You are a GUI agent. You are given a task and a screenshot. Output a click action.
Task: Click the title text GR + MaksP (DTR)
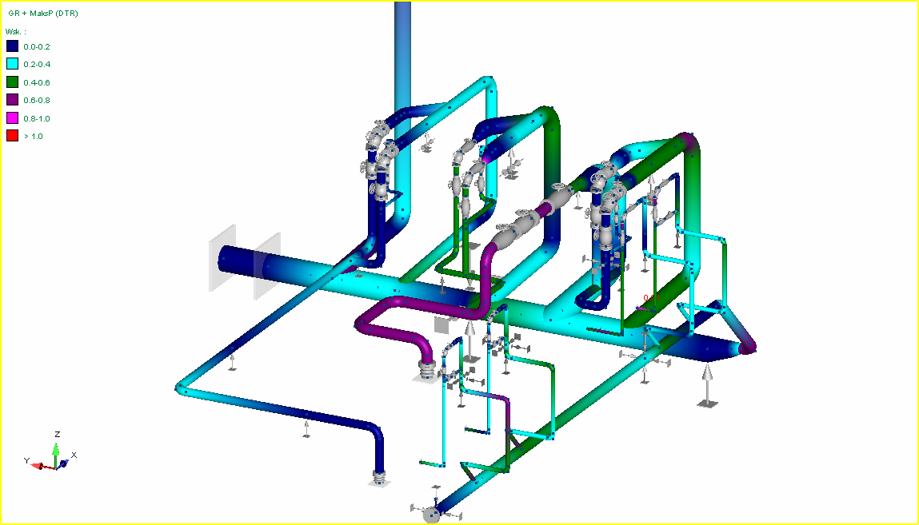pyautogui.click(x=42, y=14)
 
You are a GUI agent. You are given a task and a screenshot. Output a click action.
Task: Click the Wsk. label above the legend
pyautogui.click(x=16, y=32)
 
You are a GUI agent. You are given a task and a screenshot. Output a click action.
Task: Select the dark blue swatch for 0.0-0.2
pyautogui.click(x=12, y=46)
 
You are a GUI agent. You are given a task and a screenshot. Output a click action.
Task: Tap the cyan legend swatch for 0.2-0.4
pyautogui.click(x=12, y=64)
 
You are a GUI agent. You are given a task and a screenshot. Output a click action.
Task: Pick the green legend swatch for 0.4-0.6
pyautogui.click(x=12, y=82)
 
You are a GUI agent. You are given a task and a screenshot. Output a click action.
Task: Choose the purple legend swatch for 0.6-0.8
pyautogui.click(x=12, y=100)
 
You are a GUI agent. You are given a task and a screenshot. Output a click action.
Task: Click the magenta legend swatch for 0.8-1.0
pyautogui.click(x=12, y=118)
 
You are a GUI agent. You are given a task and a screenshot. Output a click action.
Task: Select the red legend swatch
pyautogui.click(x=12, y=136)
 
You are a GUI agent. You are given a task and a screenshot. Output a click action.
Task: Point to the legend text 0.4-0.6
pyautogui.click(x=37, y=82)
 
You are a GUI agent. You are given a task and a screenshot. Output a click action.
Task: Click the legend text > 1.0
pyautogui.click(x=34, y=137)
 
